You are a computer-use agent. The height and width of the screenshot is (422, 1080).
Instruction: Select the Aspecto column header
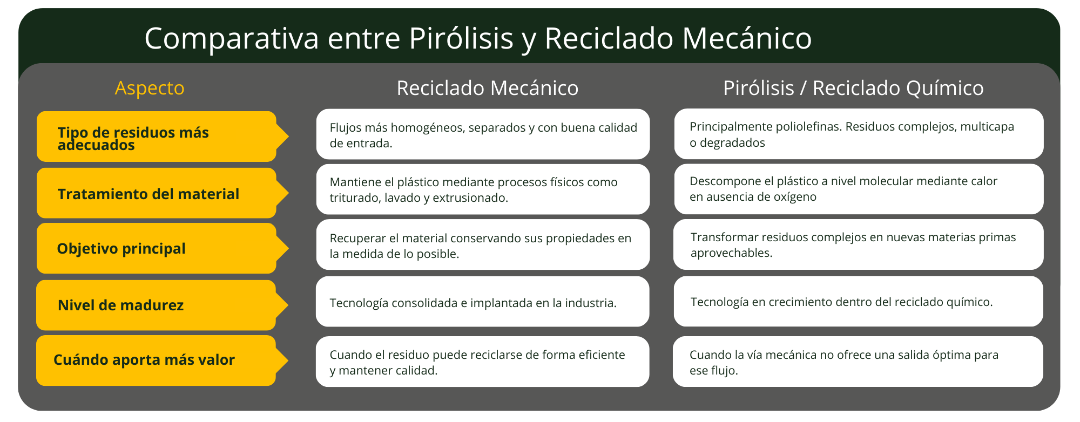point(150,88)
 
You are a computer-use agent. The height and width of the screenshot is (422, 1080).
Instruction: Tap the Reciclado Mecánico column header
point(487,88)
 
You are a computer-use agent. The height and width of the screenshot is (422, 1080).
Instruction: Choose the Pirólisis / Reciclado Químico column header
point(853,88)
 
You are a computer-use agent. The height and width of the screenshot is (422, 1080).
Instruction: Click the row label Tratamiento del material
point(148,194)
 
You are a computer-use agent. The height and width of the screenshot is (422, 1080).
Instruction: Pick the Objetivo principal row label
point(121,249)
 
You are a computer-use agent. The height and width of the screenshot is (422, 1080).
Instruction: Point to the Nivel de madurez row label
point(120,305)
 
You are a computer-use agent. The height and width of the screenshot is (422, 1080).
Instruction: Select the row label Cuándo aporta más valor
point(144,360)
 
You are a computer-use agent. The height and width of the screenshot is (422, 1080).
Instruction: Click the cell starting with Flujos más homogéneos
point(483,134)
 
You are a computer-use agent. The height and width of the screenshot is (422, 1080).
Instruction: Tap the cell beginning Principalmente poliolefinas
point(859,134)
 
